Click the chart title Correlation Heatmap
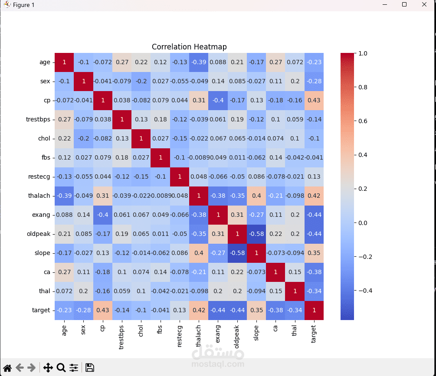[189, 47]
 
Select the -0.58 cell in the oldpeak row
[256, 234]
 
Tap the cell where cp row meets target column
[314, 100]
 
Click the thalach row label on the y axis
[41, 196]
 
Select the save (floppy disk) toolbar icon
[90, 368]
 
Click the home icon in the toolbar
[7, 368]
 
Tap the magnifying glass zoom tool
[61, 368]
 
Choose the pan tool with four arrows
[48, 368]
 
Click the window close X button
[424, 5]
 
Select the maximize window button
[404, 5]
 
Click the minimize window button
[384, 5]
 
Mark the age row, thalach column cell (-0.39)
[199, 62]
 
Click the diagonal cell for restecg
[180, 177]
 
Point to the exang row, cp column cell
[103, 215]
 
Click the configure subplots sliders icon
[74, 368]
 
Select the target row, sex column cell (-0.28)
[84, 310]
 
